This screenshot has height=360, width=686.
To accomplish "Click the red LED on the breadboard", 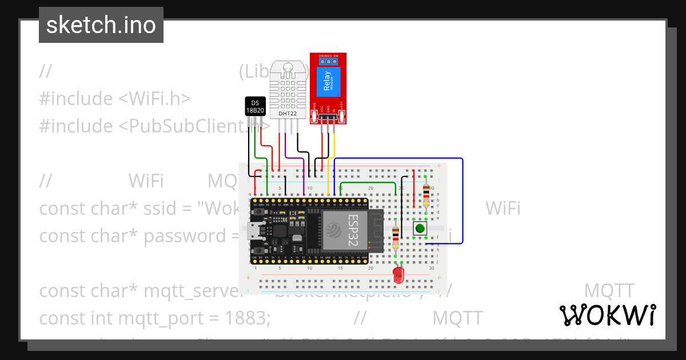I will [x=398, y=277].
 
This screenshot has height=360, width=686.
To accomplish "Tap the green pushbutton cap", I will [x=420, y=229].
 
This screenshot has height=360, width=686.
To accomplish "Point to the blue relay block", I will [x=328, y=81].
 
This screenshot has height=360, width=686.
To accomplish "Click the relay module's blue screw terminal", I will [x=328, y=60].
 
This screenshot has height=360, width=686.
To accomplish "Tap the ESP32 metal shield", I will [x=344, y=230].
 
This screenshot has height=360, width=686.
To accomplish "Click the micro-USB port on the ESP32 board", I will [x=252, y=230].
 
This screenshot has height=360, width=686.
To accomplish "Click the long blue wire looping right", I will [x=462, y=200].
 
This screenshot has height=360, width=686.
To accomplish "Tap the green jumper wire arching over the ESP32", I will [x=369, y=183].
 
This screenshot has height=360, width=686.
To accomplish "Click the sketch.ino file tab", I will [x=101, y=25].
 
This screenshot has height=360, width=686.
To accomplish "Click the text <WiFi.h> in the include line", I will [x=154, y=98].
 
